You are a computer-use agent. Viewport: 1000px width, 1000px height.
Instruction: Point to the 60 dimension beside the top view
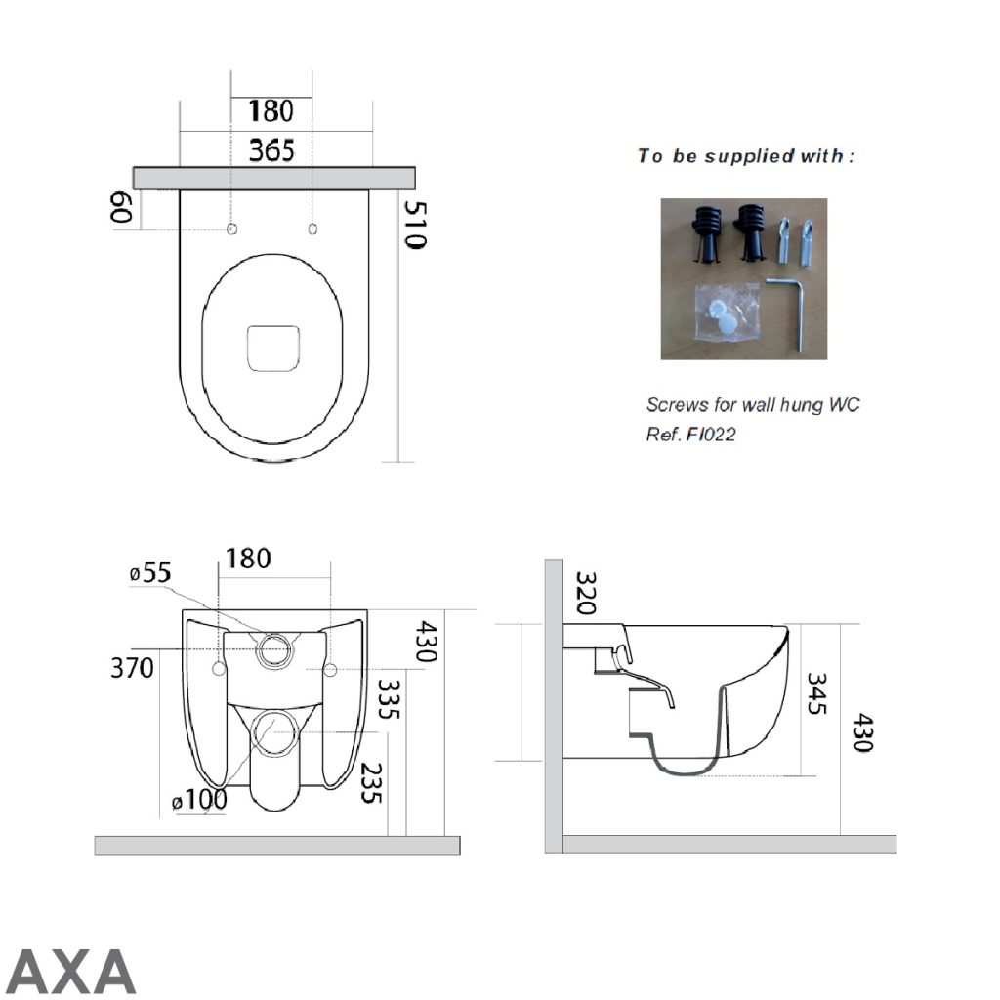(121, 207)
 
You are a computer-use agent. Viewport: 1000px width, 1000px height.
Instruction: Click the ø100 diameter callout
(199, 801)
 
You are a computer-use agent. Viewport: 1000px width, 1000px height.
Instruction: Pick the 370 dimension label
(132, 669)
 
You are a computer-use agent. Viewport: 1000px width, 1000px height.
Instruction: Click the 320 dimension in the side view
(585, 593)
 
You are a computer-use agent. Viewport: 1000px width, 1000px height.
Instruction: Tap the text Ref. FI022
(690, 435)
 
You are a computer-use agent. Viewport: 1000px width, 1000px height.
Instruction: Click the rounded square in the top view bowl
(272, 349)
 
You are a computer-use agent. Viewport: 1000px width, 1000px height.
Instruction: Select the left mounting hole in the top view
(231, 229)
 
